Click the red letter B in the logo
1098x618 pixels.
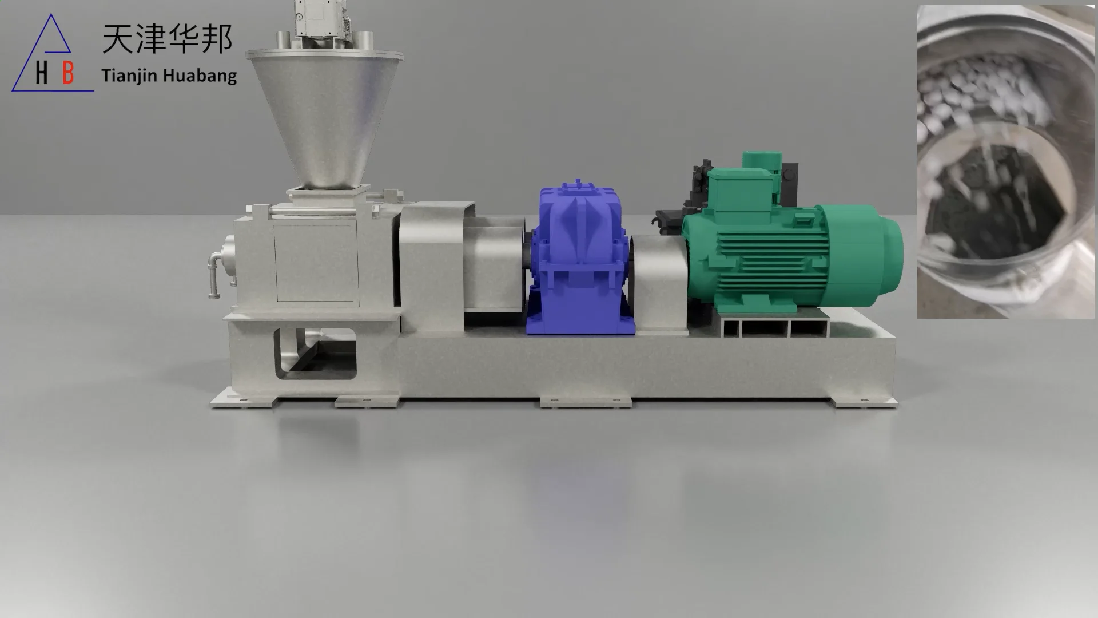[x=68, y=73]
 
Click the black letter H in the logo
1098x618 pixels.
[x=41, y=73]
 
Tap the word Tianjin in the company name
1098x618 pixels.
[x=129, y=76]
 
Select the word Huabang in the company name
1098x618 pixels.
[x=200, y=76]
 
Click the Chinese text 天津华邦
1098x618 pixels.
[x=167, y=39]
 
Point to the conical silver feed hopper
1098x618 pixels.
[x=325, y=114]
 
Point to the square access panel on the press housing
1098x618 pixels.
[x=316, y=263]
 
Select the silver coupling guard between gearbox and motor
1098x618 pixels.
[x=658, y=283]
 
